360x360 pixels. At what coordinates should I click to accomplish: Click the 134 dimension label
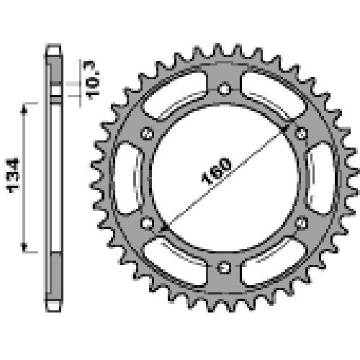13,175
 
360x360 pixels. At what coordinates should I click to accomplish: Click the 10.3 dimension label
91,80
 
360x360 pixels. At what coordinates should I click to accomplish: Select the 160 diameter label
217,171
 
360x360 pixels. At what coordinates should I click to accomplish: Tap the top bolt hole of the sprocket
225,89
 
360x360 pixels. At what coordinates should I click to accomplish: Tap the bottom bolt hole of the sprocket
225,267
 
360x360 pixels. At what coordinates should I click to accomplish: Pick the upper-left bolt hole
147,133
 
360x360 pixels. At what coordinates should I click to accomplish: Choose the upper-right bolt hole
302,133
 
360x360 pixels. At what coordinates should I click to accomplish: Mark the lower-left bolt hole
147,223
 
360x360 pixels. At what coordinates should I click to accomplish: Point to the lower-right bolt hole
302,223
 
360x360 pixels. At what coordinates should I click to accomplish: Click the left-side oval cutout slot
127,178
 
